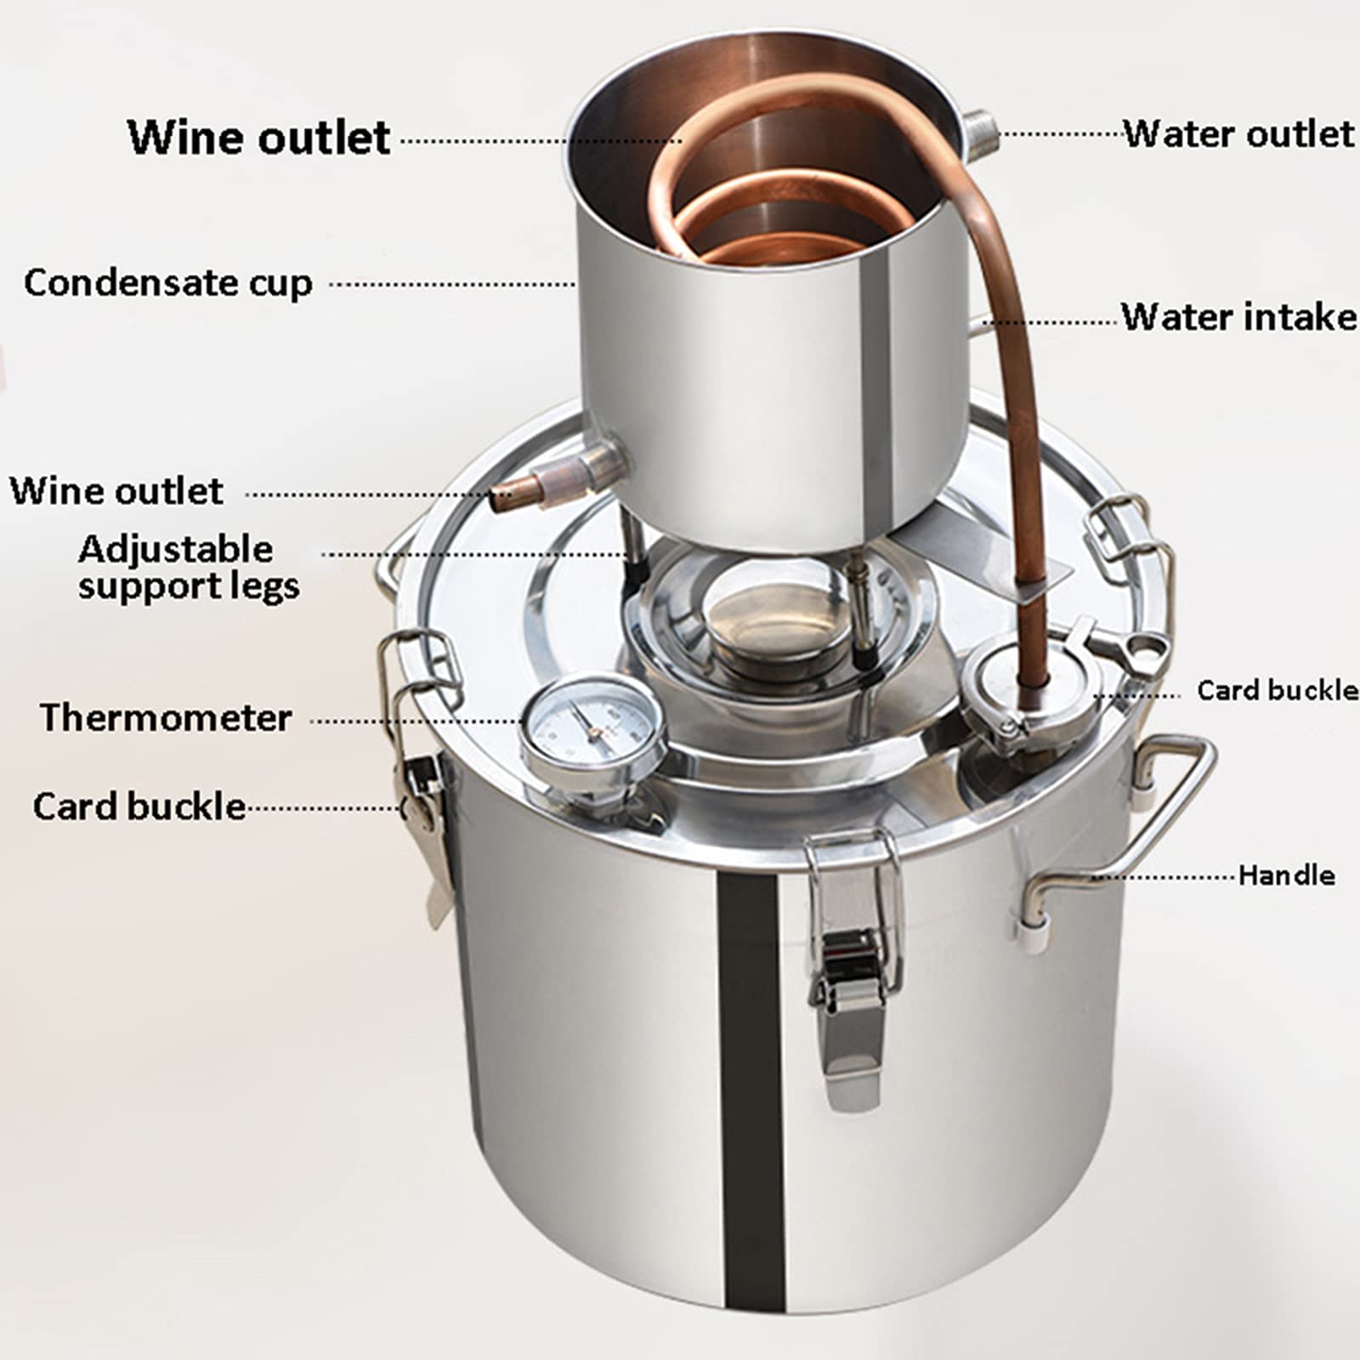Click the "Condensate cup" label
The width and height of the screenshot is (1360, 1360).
coord(167,283)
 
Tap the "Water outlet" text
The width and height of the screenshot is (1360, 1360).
coord(1238,134)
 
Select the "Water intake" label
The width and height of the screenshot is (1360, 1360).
coord(1238,316)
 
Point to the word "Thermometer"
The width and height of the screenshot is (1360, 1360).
coord(166,718)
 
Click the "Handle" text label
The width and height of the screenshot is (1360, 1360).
coord(1285,875)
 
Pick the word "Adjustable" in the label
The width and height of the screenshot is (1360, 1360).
coord(176,549)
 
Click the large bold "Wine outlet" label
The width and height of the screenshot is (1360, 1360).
coord(258,137)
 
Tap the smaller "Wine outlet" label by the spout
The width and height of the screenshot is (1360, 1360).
coord(116,491)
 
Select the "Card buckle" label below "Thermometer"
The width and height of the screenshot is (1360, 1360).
coord(139,806)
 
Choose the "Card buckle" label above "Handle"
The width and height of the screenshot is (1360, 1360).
coord(1277,690)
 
